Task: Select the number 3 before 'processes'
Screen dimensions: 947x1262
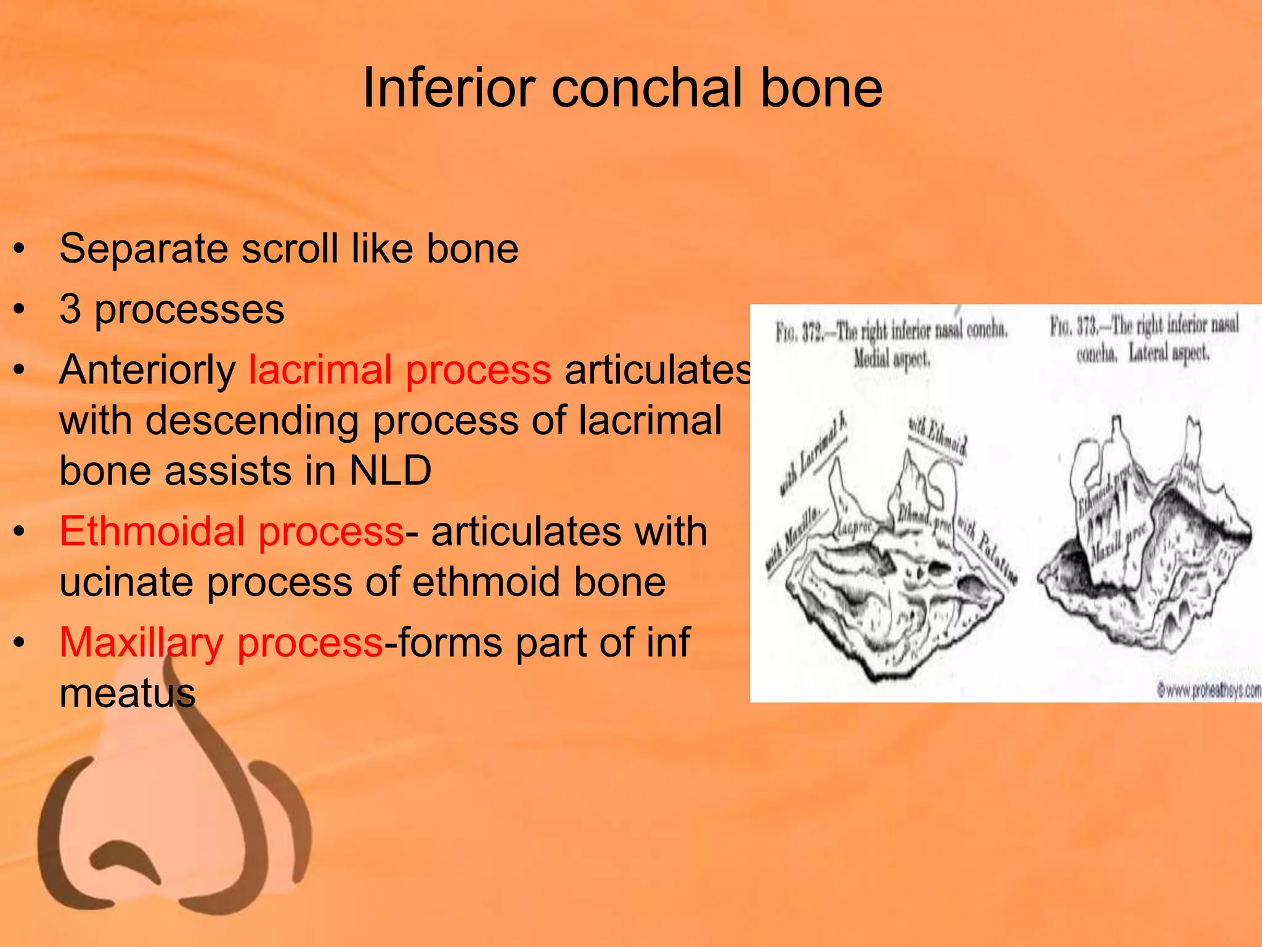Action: point(70,309)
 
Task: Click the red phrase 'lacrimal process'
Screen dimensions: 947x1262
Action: point(399,370)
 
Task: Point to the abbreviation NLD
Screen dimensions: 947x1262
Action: point(390,471)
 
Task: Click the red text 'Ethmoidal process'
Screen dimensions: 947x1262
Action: point(231,531)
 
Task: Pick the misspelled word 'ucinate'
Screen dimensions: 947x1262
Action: point(126,582)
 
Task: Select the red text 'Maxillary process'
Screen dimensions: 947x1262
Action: point(221,642)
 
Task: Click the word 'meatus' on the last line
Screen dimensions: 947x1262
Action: point(127,693)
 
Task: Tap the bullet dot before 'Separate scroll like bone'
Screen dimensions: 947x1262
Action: point(20,249)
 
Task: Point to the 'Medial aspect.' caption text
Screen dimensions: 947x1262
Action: point(891,358)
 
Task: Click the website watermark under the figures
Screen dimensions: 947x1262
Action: point(1208,691)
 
